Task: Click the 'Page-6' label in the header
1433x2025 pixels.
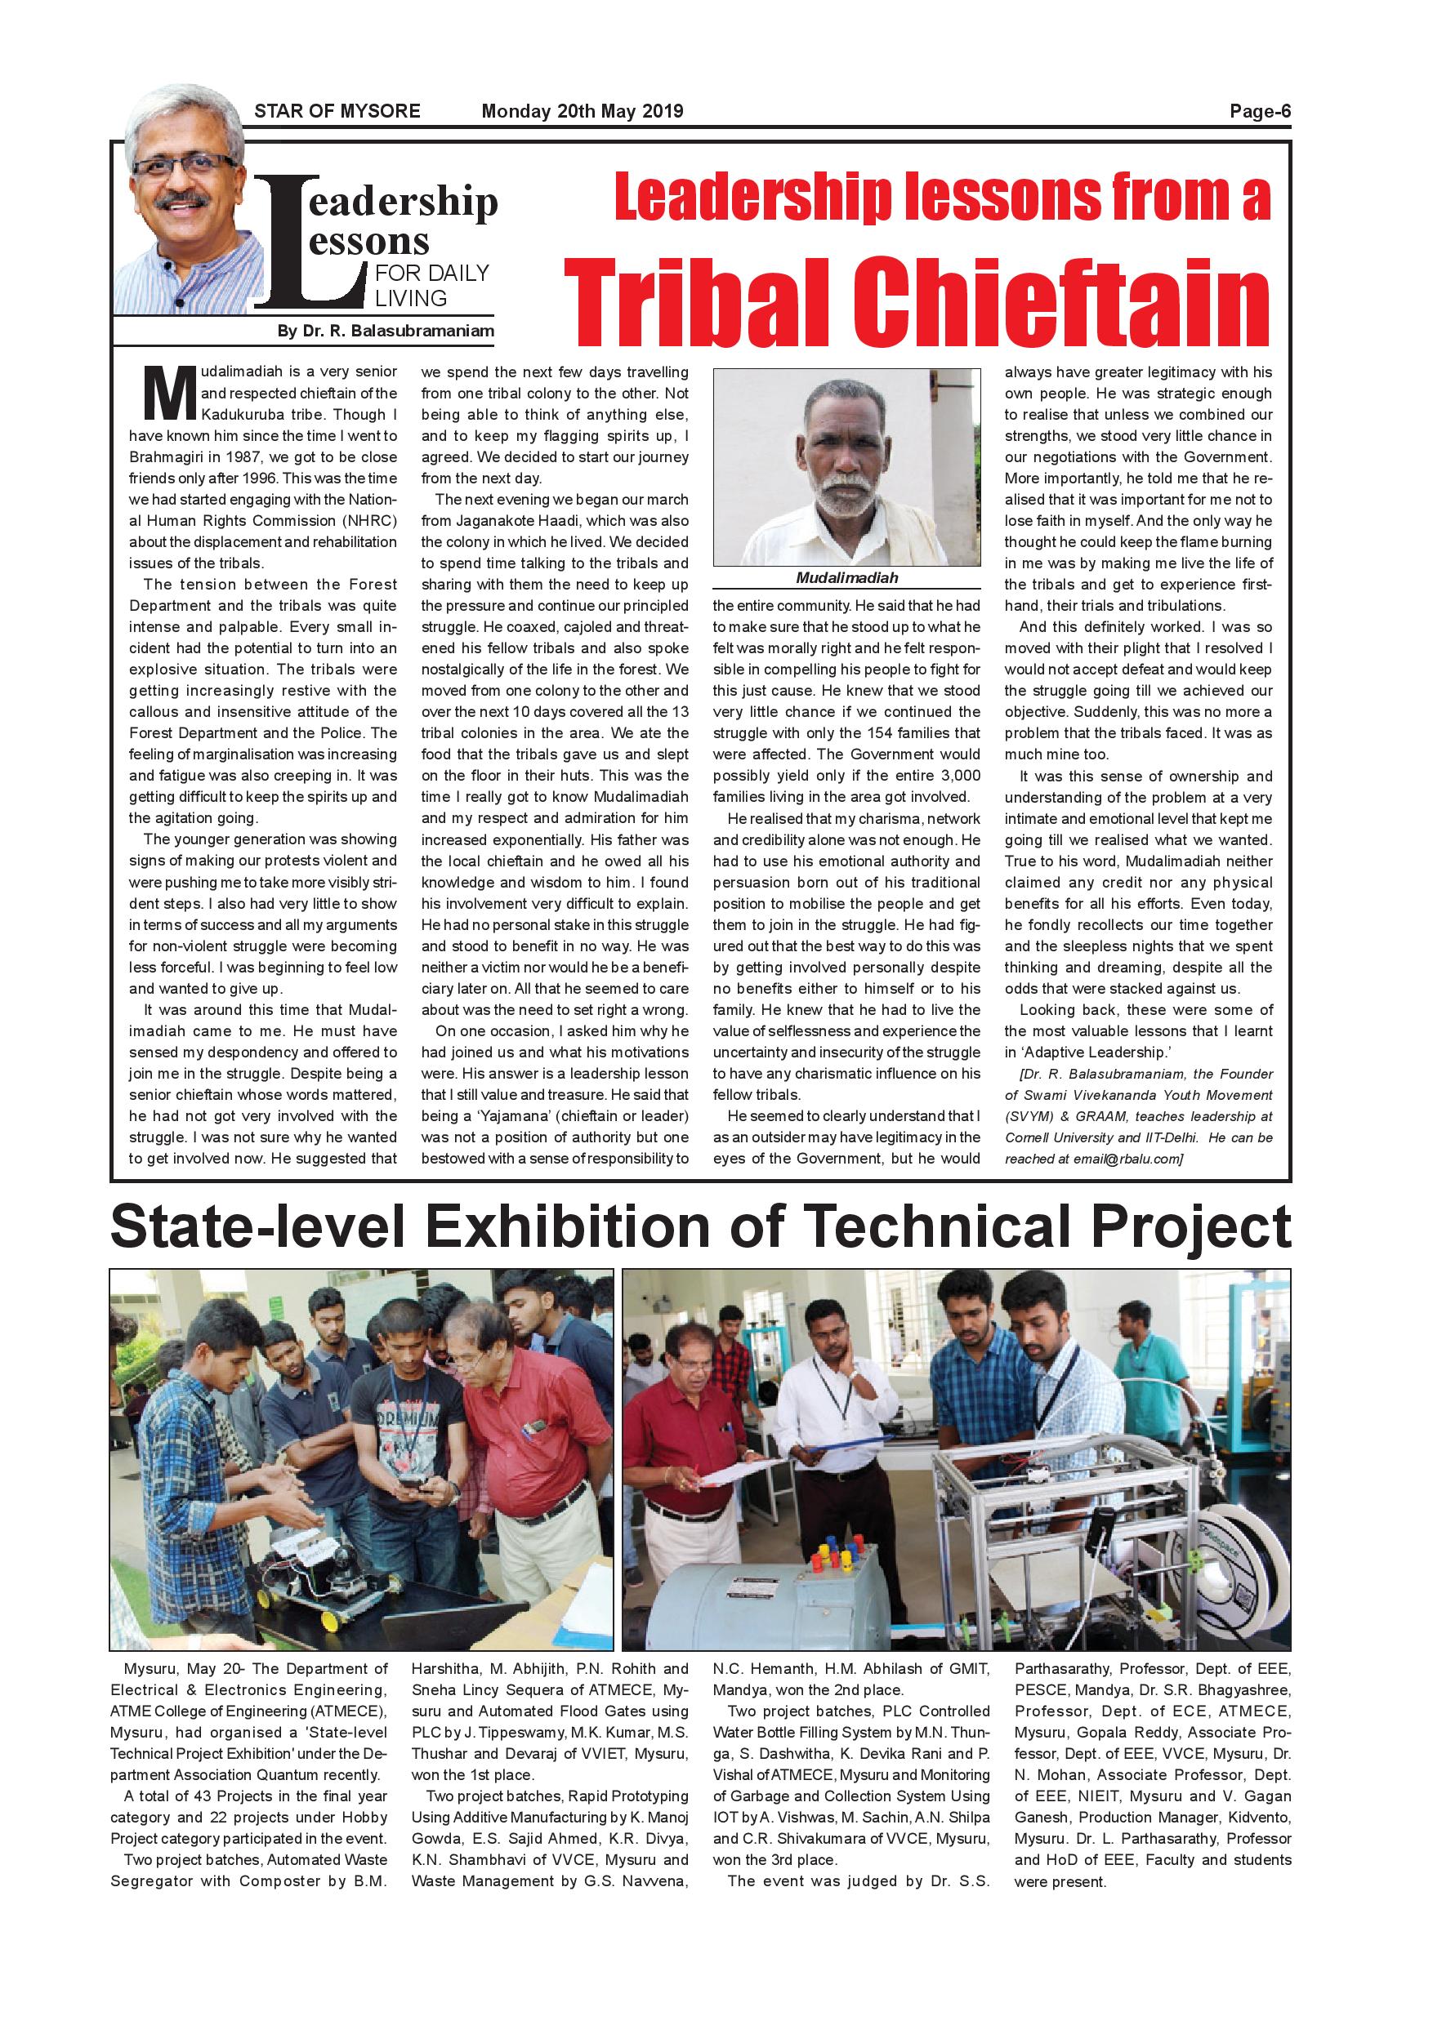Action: click(1260, 112)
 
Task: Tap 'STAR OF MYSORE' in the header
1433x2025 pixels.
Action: click(337, 112)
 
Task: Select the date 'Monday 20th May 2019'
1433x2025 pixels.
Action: click(582, 112)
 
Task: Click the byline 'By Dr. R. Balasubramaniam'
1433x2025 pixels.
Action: click(385, 332)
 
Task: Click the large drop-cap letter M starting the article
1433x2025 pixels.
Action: click(169, 394)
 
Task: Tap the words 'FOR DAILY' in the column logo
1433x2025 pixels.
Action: click(431, 274)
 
